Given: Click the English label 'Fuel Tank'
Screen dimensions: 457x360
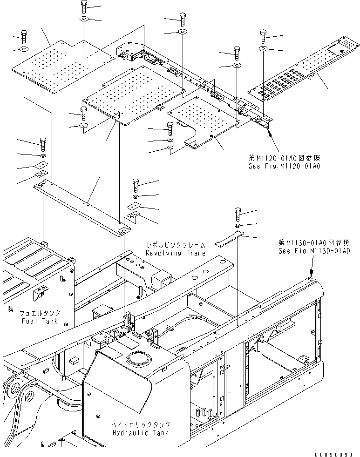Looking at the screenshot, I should coord(40,321).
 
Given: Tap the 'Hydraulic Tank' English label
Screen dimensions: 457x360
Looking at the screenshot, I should coord(140,432).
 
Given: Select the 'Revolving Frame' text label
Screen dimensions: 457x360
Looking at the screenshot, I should coord(175,253).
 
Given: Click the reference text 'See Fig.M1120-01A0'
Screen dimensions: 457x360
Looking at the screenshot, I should coord(285,166).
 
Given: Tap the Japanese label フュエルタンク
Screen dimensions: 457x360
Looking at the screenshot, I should coord(40,313).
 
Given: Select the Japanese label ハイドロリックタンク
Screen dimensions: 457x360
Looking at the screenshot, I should coord(140,425).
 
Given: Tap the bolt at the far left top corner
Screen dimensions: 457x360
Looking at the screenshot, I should coord(24,35).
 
